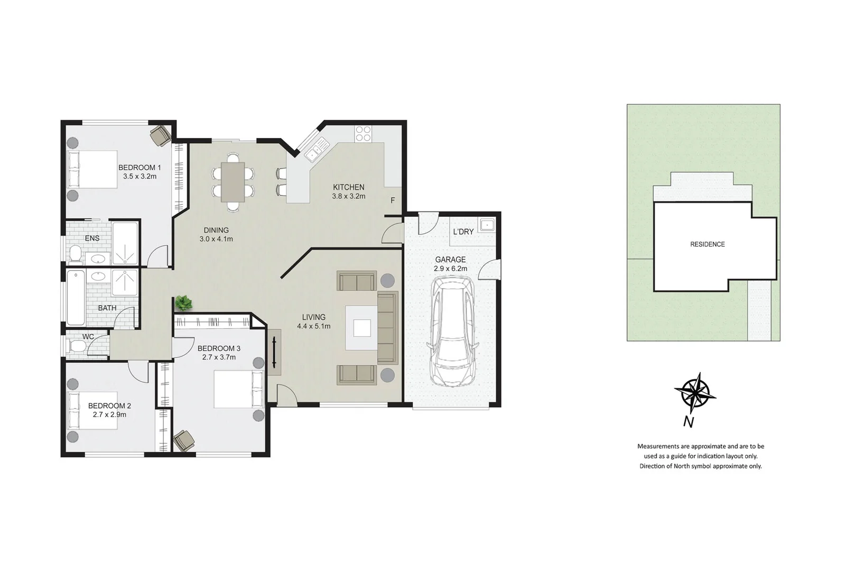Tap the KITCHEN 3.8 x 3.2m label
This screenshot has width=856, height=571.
coord(348,191)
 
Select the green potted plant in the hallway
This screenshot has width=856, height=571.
coord(183,303)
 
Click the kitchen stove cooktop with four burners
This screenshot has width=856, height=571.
coord(363,133)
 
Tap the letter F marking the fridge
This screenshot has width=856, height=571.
coord(393,200)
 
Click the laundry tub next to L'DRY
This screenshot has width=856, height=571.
coord(486,225)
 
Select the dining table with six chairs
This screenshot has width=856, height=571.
coord(232,182)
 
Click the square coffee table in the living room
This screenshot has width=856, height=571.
coord(362,328)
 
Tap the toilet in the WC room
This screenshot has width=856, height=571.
coord(77,346)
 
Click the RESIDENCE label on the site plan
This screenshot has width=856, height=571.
coord(707,244)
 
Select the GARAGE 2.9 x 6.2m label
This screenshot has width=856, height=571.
coord(450,264)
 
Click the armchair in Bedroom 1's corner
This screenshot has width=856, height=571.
coord(160,135)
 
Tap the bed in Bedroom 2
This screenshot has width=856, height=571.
coord(92,410)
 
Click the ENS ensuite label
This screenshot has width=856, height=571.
coord(92,238)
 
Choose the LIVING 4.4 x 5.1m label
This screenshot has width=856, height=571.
coord(313,321)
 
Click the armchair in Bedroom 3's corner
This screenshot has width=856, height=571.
coord(184,440)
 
